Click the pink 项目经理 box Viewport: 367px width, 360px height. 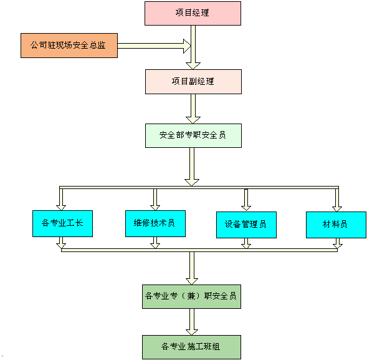pyautogui.click(x=193, y=13)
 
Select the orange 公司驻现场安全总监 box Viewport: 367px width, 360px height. pyautogui.click(x=69, y=46)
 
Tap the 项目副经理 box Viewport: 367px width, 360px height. pyautogui.click(x=193, y=82)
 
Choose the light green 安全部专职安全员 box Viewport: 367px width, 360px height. pyautogui.click(x=193, y=136)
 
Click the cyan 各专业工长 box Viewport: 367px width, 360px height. pyautogui.click(x=62, y=223)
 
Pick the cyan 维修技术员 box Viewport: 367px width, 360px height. pyautogui.click(x=155, y=223)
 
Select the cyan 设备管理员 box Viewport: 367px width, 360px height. pyautogui.click(x=246, y=225)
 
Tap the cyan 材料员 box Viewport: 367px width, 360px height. pyautogui.click(x=336, y=225)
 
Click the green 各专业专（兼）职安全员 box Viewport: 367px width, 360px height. pyautogui.click(x=191, y=297)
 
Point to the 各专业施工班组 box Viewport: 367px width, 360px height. pyautogui.click(x=191, y=347)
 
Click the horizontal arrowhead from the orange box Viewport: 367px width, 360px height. pyautogui.click(x=187, y=46)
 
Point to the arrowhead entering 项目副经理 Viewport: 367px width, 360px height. pyautogui.click(x=193, y=66)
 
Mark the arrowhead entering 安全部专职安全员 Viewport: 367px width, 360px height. pyautogui.click(x=193, y=120)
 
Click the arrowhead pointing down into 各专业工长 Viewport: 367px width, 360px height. pyautogui.click(x=61, y=208)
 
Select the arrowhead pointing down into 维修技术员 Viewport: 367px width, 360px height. pyautogui.click(x=155, y=208)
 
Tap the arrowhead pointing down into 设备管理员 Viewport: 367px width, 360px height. pyautogui.click(x=246, y=208)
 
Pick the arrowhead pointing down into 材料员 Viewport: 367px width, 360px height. pyautogui.click(x=337, y=209)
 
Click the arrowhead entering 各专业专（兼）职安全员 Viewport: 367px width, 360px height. pyautogui.click(x=192, y=281)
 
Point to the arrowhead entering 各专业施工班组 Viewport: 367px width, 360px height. pyautogui.click(x=192, y=332)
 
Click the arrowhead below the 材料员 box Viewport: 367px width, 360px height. pyautogui.click(x=337, y=246)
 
